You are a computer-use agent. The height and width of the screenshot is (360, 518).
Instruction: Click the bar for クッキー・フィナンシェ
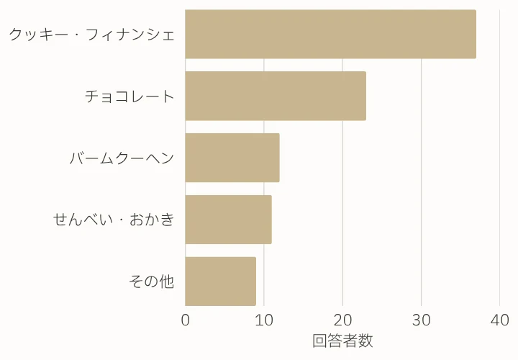pos(330,34)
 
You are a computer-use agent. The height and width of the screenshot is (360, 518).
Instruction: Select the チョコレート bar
pos(276,96)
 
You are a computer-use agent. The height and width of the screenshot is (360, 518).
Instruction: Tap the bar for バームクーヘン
pos(232,158)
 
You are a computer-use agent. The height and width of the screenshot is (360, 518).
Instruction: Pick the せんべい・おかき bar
pos(228,220)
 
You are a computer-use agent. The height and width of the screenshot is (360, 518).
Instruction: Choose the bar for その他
pos(220,281)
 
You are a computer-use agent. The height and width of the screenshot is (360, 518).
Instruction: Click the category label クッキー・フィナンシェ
pos(91,34)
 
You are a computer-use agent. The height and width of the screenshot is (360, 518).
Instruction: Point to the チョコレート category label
pos(129,96)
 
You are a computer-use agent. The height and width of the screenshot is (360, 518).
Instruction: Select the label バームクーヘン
pos(122,158)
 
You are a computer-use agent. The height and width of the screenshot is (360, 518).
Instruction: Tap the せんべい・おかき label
pos(114,220)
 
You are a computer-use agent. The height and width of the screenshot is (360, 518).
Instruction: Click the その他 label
pos(152,282)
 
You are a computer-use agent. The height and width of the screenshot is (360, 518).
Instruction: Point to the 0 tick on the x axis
pos(186,320)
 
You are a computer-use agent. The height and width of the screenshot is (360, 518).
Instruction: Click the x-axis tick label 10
pos(264,320)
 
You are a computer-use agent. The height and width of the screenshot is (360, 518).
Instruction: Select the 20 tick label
pos(342,320)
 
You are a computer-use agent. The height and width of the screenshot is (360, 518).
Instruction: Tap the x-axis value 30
pos(421,320)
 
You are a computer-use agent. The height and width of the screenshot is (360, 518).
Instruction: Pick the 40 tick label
pos(499,320)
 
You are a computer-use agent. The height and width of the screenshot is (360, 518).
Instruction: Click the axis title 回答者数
pos(342,341)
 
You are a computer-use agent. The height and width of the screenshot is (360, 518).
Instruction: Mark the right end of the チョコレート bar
pos(365,96)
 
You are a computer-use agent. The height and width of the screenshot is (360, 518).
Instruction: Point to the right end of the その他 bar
pos(255,281)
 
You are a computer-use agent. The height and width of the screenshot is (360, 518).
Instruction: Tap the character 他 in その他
pos(166,282)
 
